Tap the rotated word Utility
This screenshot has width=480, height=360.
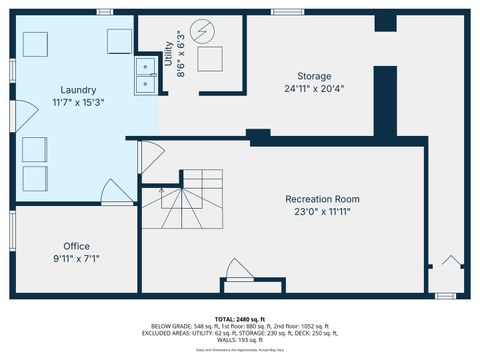coord(168,49)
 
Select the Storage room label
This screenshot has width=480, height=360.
coord(313,76)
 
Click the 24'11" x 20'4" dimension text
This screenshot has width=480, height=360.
coord(313,88)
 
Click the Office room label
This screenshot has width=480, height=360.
coord(77,246)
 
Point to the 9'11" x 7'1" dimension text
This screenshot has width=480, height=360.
coord(77,258)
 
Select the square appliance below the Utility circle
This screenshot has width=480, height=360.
coord(210,58)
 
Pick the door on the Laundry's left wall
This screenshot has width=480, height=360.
coord(15,113)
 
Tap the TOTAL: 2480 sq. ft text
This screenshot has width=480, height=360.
coord(241,318)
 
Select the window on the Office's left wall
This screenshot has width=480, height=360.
coord(11,227)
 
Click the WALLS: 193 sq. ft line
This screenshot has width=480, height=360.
coord(241,340)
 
